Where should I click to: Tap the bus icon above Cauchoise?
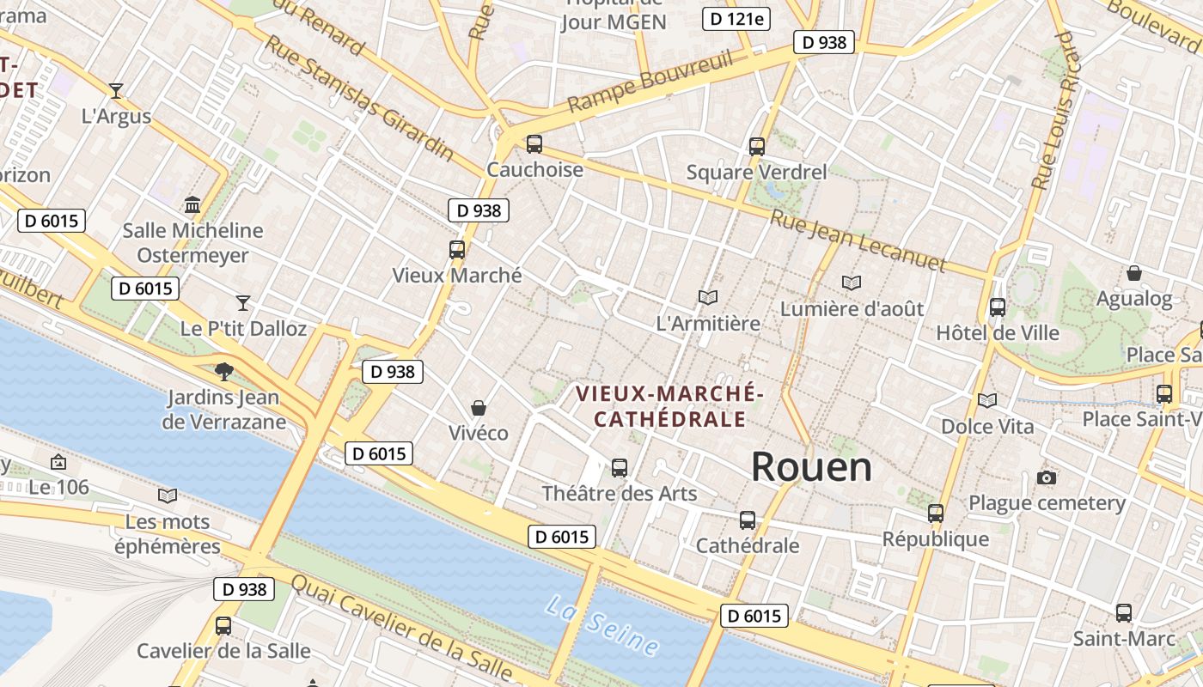coord(534,144)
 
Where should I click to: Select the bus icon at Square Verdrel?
coord(756,147)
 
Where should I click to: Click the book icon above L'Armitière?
coord(708,298)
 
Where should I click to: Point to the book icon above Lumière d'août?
coord(851,283)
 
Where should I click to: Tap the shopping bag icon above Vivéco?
coord(479,408)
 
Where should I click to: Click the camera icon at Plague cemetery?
coord(1046,477)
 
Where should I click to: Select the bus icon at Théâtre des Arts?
coord(619,468)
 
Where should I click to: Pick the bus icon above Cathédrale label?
coord(747,520)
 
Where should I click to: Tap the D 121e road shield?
coord(736,19)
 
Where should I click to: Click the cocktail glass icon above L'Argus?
coord(116,90)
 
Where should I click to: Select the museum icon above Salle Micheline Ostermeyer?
coord(192,205)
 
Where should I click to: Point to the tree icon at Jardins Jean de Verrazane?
coord(224,372)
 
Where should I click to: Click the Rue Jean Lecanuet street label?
coord(857,240)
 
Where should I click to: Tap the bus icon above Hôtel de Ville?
coord(997,307)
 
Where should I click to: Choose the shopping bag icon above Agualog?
coord(1133,274)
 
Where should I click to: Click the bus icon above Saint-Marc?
coord(1123,613)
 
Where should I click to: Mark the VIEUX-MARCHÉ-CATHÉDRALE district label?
coord(669,406)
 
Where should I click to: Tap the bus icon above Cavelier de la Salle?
coord(223,626)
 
